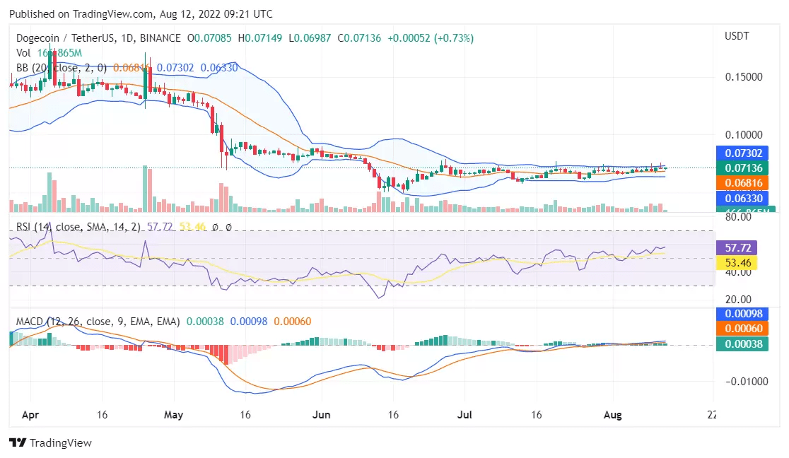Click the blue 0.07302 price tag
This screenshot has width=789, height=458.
point(737,153)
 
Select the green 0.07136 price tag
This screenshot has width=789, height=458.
point(737,168)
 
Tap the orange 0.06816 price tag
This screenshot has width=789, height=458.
point(737,183)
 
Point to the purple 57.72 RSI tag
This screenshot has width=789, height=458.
point(737,248)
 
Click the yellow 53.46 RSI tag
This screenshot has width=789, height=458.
point(737,263)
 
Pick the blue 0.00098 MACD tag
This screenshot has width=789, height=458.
point(737,314)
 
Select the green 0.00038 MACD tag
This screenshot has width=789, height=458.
point(737,343)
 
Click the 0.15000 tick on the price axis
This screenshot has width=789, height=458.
point(744,76)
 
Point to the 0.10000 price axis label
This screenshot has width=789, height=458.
point(744,134)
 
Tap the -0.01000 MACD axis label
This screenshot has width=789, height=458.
point(743,382)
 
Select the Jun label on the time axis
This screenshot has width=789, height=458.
point(322,415)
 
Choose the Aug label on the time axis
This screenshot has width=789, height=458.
point(613,415)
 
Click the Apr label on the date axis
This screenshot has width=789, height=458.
point(29,415)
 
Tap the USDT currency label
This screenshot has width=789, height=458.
point(737,35)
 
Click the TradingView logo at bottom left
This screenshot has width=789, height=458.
point(50,443)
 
